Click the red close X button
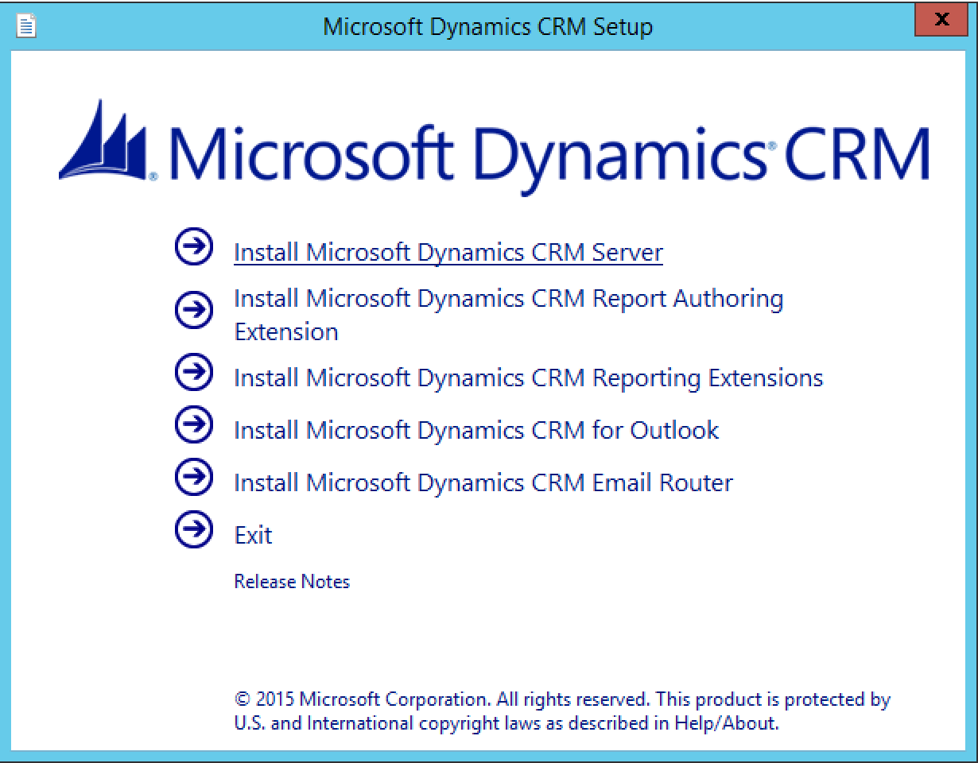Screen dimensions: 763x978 click(x=943, y=20)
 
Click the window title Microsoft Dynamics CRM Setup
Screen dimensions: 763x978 click(x=487, y=26)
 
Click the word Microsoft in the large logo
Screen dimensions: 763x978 click(x=310, y=155)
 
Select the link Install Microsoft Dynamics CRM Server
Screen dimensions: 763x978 click(x=448, y=252)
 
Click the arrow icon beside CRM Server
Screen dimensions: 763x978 click(x=193, y=246)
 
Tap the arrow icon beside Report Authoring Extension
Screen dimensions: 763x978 click(x=193, y=309)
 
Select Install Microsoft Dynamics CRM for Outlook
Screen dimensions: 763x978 click(x=475, y=430)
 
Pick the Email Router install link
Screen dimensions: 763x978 click(x=483, y=482)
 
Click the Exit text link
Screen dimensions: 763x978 click(x=253, y=535)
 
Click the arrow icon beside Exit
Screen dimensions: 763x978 click(x=193, y=529)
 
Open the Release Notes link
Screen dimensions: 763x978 click(x=292, y=581)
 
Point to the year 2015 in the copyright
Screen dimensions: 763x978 click(x=274, y=699)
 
